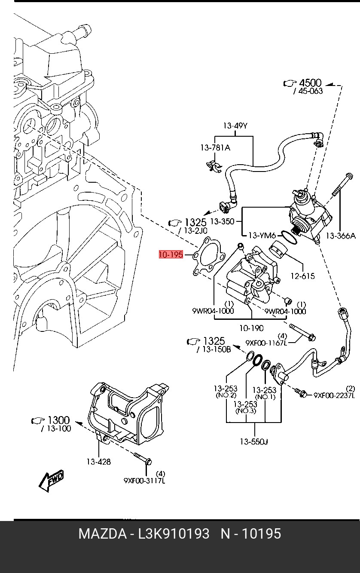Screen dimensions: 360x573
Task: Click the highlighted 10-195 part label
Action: (171, 254)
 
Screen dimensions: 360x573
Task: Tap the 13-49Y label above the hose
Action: (235, 126)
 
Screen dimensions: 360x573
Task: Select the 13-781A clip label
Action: (215, 147)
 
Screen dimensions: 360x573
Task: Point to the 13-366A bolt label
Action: (341, 236)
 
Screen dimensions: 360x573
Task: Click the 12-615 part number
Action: (303, 276)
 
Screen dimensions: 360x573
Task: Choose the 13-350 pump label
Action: (222, 221)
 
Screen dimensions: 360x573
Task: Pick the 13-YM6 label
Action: (262, 235)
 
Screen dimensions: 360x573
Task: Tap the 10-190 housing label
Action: (251, 328)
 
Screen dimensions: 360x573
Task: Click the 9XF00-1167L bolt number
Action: (266, 343)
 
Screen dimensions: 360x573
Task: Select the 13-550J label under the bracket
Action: (254, 441)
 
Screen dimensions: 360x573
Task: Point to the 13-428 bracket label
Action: (99, 462)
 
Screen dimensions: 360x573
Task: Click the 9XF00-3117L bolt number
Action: (145, 481)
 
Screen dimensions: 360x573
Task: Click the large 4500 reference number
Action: (310, 83)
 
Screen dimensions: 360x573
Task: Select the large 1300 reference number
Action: (59, 420)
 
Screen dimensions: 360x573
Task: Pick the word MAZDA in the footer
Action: (103, 534)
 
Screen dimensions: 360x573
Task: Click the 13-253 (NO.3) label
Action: (245, 407)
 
